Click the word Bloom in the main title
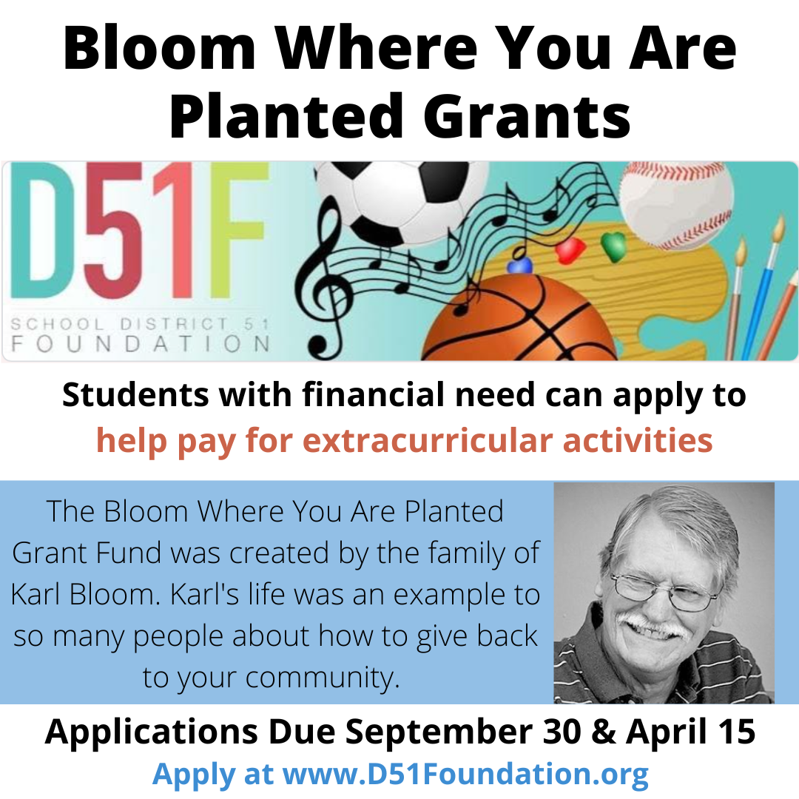pos(160,48)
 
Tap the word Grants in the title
pos(527,115)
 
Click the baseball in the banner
pos(677,205)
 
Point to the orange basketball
pos(520,318)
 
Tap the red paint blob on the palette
pos(570,251)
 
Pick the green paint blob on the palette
pos(613,246)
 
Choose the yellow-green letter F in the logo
pos(238,230)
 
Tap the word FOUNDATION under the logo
pos(140,345)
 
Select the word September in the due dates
pos(439,732)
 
